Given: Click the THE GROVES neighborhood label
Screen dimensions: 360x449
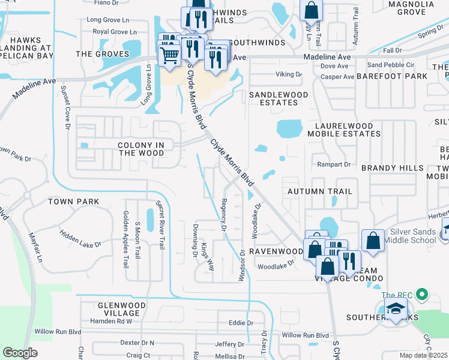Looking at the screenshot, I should (x=103, y=54).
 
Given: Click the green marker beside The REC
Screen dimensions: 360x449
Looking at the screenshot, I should (x=422, y=294).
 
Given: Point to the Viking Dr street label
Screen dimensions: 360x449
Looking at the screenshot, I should (x=289, y=74).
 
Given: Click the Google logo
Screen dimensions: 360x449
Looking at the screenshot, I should (x=20, y=353).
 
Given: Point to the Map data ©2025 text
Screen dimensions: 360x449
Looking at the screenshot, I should (x=424, y=355).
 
